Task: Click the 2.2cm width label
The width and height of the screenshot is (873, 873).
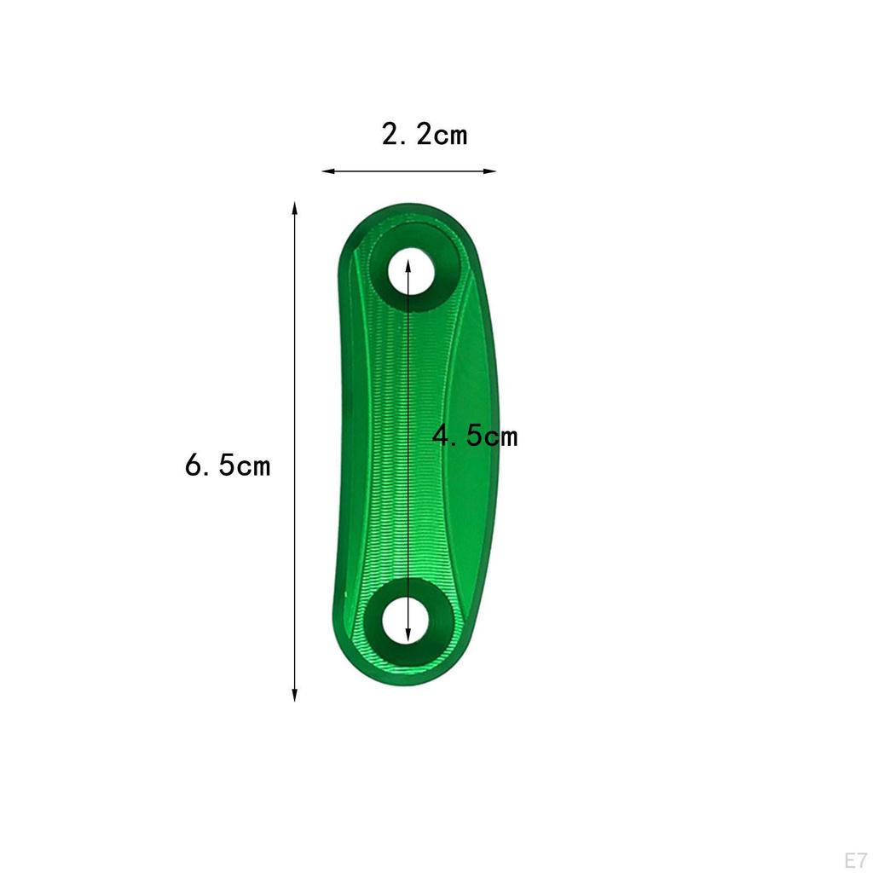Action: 425,135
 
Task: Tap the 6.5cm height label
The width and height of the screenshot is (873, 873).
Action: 227,465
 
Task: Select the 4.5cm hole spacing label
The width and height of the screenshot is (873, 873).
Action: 475,436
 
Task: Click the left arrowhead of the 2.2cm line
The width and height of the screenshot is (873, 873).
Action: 327,171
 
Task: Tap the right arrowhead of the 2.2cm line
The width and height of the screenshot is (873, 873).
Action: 490,171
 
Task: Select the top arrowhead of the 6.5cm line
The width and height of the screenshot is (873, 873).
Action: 294,208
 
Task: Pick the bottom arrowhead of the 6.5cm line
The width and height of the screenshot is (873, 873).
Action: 294,695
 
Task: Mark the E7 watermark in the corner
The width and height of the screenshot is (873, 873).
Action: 856,859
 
